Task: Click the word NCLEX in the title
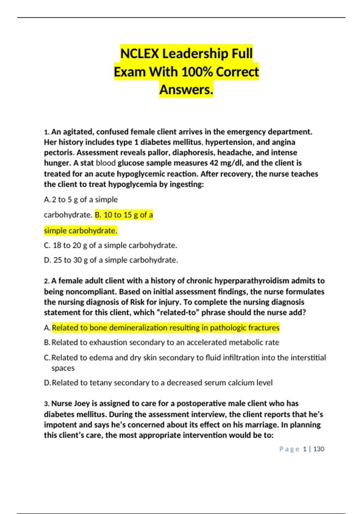coord(139,54)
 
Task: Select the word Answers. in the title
coord(186,89)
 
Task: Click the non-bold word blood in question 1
coord(106,163)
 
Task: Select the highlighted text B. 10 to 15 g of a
coord(124,215)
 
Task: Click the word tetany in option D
coord(100,383)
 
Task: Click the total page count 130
coord(319,449)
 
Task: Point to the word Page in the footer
coord(289,449)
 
